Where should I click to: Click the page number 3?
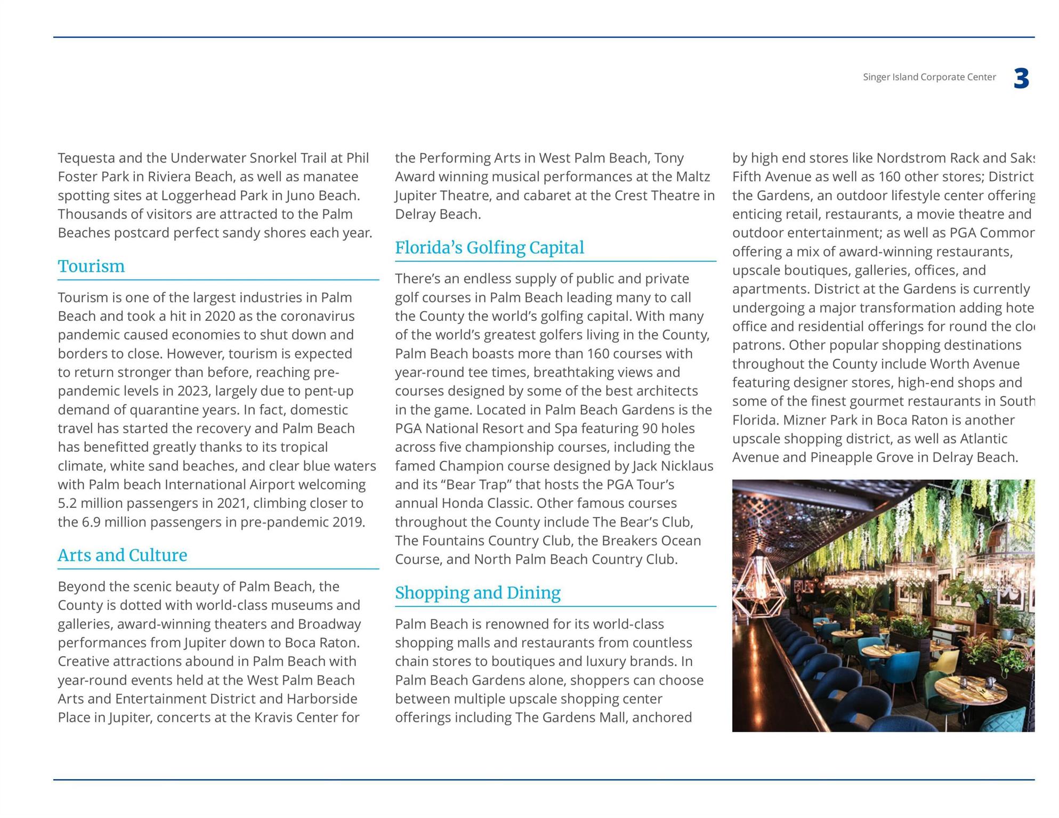tap(1021, 79)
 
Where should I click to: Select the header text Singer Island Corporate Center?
tap(929, 77)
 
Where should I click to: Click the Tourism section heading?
tap(91, 266)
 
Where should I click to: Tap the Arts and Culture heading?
tap(122, 555)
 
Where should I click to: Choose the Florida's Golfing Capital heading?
tap(489, 248)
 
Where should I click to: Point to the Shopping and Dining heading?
tap(478, 593)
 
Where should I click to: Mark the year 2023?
tap(192, 391)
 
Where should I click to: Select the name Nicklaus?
tap(686, 466)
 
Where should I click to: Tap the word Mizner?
tap(805, 420)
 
